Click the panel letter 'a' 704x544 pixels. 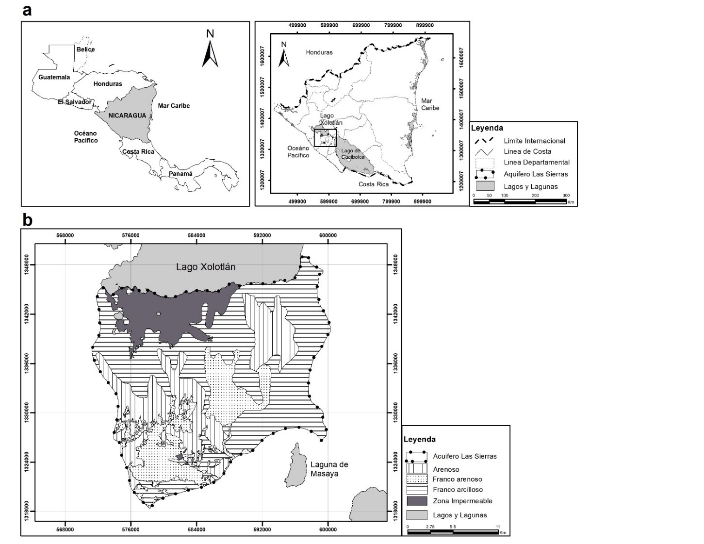coord(27,10)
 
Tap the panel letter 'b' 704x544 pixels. coord(28,220)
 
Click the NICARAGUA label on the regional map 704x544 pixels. coord(127,115)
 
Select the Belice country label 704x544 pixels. coord(85,49)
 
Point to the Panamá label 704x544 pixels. coord(180,174)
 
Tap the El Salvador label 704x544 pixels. coord(75,102)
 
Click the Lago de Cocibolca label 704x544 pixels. coord(353,154)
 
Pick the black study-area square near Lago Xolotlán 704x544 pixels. coord(325,138)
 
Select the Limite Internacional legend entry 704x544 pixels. coord(534,141)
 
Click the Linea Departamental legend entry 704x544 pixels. coord(537,162)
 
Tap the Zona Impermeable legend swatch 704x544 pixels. coord(417,501)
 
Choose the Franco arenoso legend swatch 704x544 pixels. coord(417,479)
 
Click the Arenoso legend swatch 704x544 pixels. coord(417,469)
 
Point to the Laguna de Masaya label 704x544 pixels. coord(329,469)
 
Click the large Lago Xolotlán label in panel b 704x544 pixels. coord(206,267)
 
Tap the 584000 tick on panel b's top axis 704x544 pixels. coord(196,235)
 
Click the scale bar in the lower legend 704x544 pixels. coord(453,532)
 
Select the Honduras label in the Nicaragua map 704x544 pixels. coord(319,52)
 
